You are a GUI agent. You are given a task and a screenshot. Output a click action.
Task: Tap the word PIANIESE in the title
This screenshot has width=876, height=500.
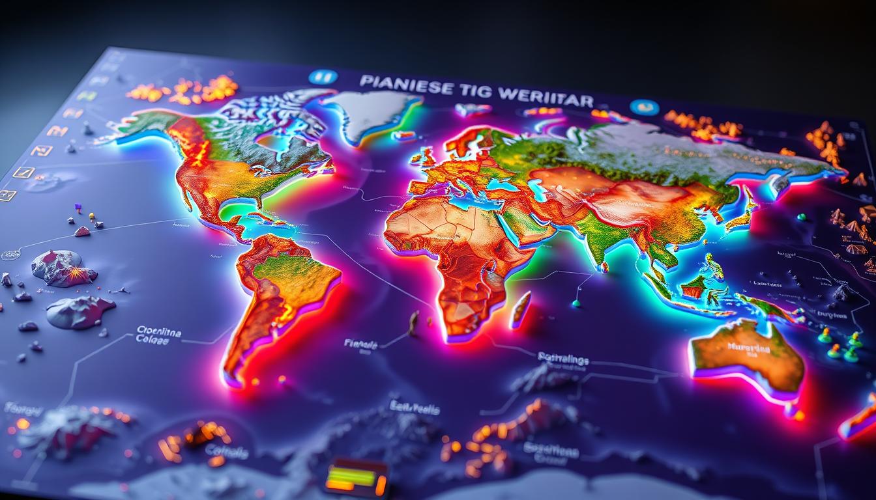coord(398,85)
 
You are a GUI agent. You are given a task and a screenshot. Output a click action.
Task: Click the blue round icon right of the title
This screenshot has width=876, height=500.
coord(644,107)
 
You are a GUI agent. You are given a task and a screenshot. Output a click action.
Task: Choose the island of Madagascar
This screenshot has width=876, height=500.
coord(520,309)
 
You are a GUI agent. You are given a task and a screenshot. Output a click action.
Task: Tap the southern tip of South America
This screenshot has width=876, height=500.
coord(233,376)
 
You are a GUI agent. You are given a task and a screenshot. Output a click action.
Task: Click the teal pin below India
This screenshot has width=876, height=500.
coord(576,302)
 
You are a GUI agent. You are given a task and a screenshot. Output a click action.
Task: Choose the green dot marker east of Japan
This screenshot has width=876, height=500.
coord(801,217)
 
